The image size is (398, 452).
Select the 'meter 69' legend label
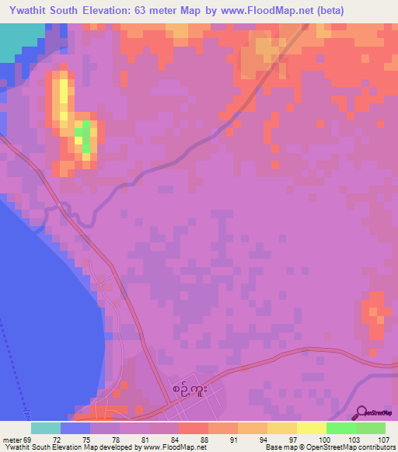point(17,440)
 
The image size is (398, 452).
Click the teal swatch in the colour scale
point(46,428)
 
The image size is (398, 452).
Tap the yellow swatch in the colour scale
point(311,428)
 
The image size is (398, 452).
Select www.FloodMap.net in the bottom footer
point(176,447)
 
